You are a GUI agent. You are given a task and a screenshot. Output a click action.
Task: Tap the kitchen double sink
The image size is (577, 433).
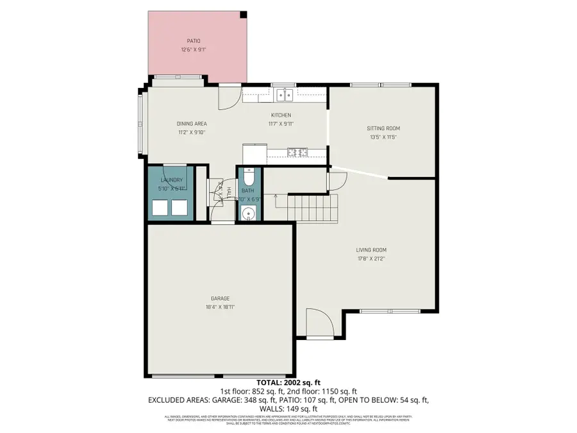coord(285,96)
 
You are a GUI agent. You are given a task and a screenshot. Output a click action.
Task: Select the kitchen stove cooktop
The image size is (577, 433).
coord(299,152)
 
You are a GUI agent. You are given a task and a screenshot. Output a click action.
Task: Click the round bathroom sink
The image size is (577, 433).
coord(248,213)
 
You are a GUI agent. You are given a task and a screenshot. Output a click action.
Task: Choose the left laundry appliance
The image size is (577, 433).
coord(160,207)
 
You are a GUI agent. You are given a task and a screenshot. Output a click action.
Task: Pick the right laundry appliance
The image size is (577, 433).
coord(179,207)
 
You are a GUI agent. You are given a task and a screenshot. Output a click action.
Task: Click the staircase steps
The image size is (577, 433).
coord(313,208)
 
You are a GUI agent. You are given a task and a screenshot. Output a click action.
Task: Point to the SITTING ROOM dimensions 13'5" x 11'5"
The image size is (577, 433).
coord(383,137)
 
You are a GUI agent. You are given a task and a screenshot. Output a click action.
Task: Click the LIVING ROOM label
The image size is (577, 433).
coord(371,250)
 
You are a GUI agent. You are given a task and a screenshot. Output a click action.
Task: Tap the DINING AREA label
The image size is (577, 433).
coord(192,124)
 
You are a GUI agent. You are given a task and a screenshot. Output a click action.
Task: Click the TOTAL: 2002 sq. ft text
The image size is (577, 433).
coord(288,382)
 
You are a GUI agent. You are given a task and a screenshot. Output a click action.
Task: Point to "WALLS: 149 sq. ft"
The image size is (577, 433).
coord(288,409)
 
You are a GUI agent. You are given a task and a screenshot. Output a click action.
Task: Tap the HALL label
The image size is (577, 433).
coord(228,192)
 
